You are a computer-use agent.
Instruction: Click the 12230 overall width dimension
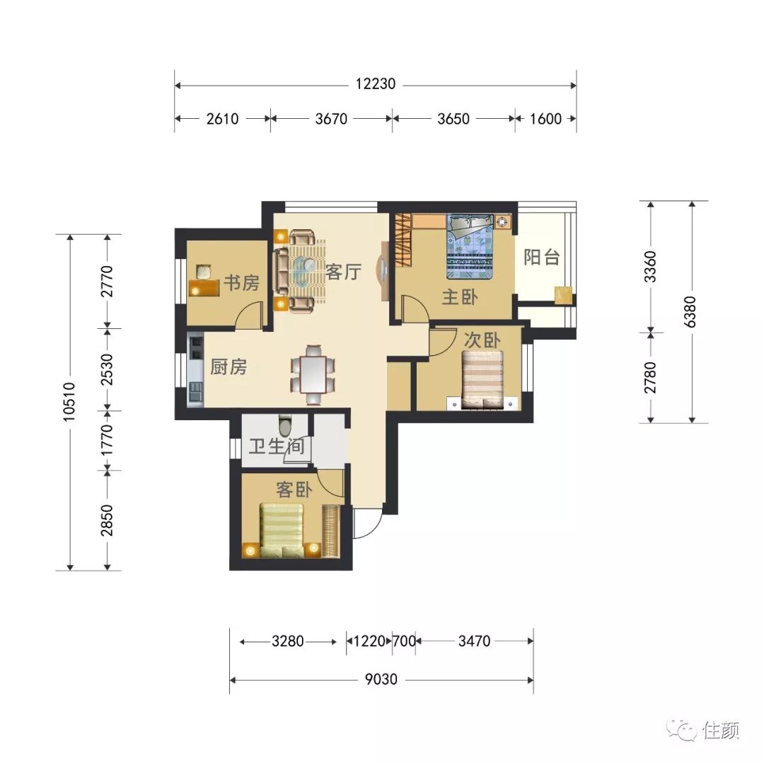(375, 83)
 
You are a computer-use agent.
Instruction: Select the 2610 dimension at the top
(222, 118)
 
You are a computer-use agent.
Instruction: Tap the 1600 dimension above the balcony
(545, 118)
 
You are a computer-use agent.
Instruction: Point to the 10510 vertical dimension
(69, 402)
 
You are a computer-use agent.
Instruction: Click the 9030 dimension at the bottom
(381, 678)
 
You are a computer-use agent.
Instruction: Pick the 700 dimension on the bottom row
(404, 641)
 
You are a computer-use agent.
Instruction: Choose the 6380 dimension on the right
(690, 311)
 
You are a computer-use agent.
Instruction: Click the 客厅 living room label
(344, 272)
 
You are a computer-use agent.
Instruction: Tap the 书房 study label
(242, 282)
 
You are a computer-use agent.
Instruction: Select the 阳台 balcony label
(541, 257)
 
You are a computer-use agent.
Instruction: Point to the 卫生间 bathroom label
(277, 446)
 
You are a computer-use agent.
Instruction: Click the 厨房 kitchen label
(228, 366)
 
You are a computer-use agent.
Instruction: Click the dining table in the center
(313, 374)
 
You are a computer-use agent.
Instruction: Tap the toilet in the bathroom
(285, 425)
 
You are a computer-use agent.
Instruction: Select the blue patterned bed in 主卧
(470, 247)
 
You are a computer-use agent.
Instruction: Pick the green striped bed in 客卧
(282, 530)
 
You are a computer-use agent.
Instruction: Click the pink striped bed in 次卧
(482, 380)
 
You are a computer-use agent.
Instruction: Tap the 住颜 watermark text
(721, 730)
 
